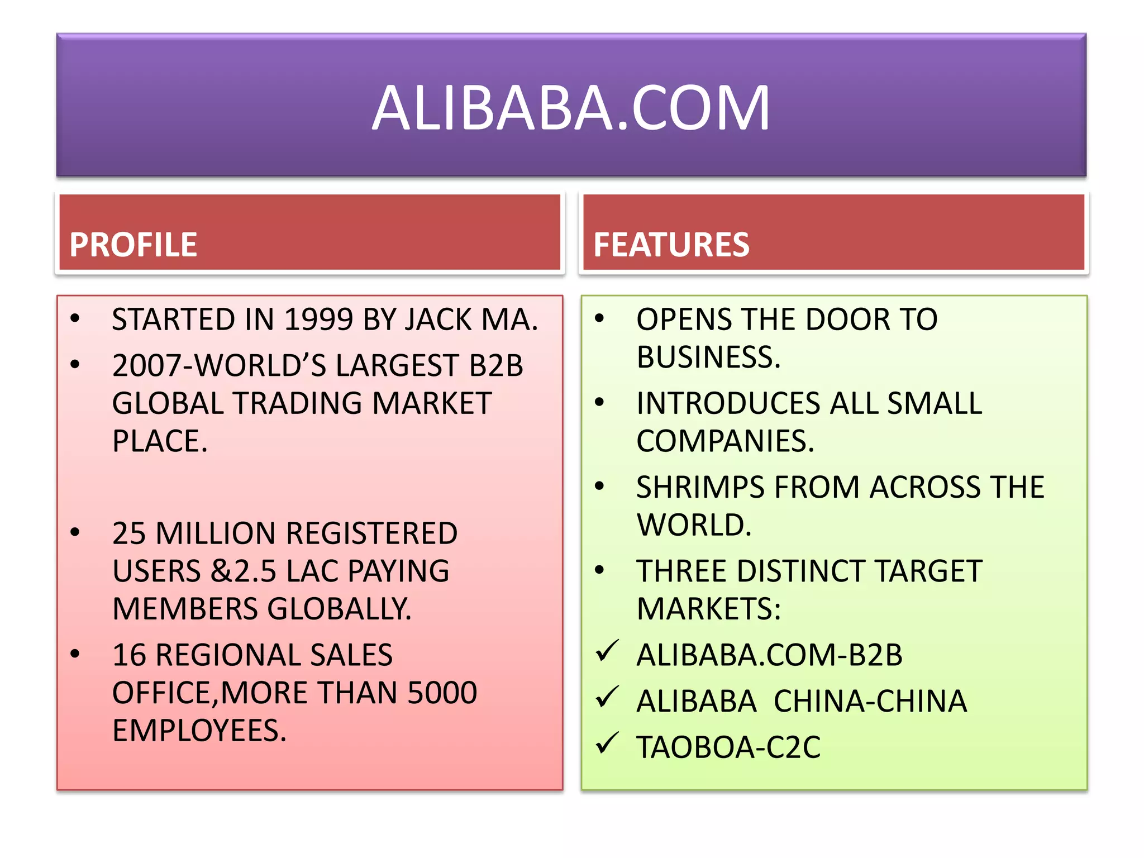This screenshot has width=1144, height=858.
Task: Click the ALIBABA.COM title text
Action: point(571,108)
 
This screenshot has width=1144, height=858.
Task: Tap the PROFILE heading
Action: point(133,245)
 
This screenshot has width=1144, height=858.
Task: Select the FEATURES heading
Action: point(671,245)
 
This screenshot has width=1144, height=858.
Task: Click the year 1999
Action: point(318,320)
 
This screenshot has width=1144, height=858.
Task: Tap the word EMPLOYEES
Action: point(199,731)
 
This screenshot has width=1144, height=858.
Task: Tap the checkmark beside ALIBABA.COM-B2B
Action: point(607,651)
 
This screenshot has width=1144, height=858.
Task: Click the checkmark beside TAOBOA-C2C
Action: point(607,743)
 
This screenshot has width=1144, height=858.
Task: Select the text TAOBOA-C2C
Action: point(728,747)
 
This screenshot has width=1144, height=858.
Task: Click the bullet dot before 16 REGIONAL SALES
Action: point(75,654)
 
